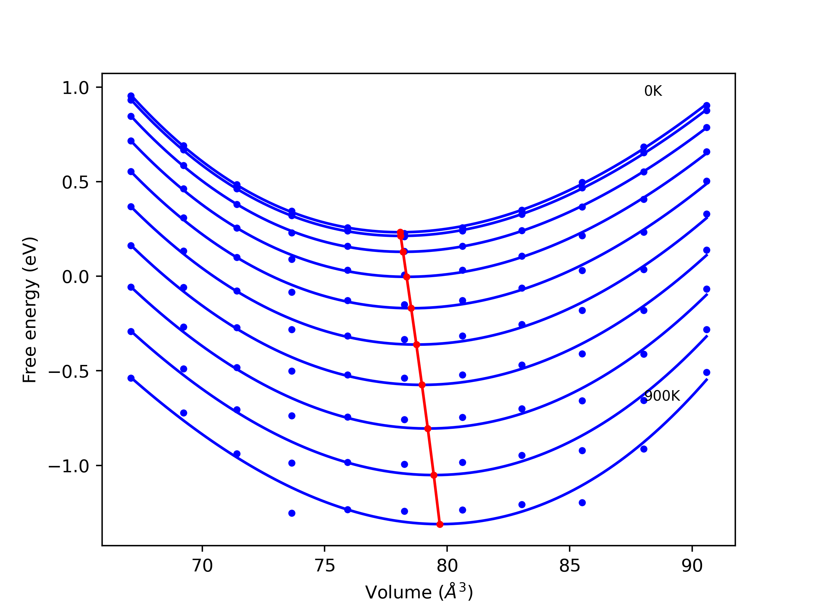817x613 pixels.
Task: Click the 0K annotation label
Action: pyautogui.click(x=653, y=91)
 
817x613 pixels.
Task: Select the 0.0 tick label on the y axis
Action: pyautogui.click(x=76, y=277)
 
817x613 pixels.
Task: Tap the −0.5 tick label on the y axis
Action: pyautogui.click(x=69, y=372)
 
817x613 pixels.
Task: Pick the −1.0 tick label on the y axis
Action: pyautogui.click(x=69, y=466)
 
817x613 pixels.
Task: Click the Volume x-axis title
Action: pyautogui.click(x=419, y=592)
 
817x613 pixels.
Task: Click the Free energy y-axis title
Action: pyautogui.click(x=30, y=310)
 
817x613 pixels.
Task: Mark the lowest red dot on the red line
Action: pyautogui.click(x=439, y=524)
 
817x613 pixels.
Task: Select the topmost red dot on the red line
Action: pyautogui.click(x=400, y=232)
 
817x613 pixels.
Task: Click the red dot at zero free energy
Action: pyautogui.click(x=407, y=277)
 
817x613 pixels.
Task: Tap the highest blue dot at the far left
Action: pyautogui.click(x=131, y=96)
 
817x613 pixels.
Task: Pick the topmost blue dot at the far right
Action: pyautogui.click(x=707, y=106)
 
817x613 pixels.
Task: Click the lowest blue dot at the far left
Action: pyautogui.click(x=131, y=378)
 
